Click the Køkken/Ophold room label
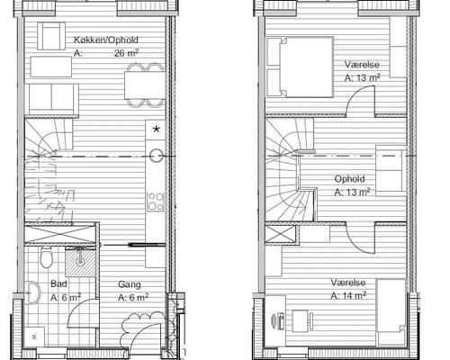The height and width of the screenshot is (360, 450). [x=106, y=40]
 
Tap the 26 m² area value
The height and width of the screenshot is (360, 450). [x=126, y=53]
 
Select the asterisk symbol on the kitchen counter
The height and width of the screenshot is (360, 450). [x=157, y=130]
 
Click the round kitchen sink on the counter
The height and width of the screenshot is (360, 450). [x=157, y=156]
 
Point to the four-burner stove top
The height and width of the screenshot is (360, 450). [x=156, y=202]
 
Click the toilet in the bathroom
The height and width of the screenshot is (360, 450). [x=47, y=257]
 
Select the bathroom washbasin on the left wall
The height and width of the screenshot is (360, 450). [x=32, y=292]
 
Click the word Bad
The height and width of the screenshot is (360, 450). [x=58, y=283]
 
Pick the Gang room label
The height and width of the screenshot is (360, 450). [x=130, y=284]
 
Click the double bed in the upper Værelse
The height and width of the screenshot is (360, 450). [x=300, y=67]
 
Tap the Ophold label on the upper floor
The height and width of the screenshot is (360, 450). [x=349, y=179]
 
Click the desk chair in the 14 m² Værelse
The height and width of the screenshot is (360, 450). [x=278, y=321]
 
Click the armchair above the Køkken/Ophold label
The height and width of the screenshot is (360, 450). [x=51, y=36]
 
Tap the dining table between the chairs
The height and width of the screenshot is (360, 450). [x=145, y=85]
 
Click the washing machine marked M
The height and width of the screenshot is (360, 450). [x=34, y=337]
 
